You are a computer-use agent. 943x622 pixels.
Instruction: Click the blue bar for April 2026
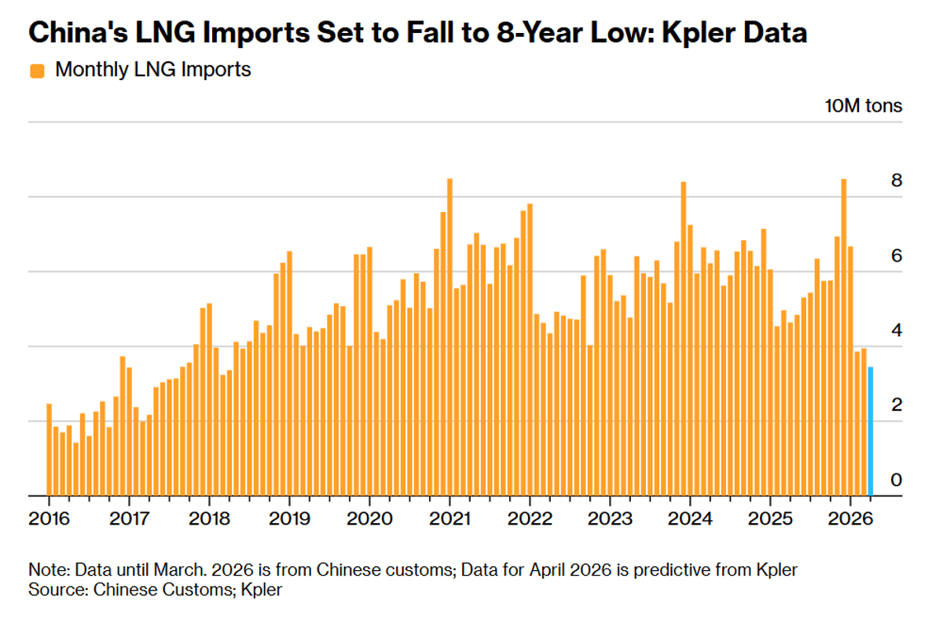click(x=870, y=431)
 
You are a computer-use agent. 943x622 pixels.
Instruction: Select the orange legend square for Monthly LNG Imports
click(x=37, y=71)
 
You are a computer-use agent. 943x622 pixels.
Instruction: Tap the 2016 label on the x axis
click(x=49, y=519)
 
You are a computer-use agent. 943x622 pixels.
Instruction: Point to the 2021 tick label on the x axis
click(x=449, y=519)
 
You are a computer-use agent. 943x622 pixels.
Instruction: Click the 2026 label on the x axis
click(x=850, y=519)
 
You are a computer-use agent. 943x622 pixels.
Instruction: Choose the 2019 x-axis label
click(x=289, y=519)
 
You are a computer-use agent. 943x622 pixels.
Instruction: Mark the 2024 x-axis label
click(x=690, y=519)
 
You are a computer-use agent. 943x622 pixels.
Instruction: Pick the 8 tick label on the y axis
click(x=896, y=181)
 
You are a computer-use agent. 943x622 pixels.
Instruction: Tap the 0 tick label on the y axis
click(x=896, y=481)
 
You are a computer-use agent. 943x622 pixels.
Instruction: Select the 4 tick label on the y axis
click(x=896, y=331)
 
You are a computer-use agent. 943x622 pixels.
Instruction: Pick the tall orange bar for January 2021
click(x=449, y=338)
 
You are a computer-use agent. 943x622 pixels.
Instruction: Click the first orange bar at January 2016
click(x=49, y=450)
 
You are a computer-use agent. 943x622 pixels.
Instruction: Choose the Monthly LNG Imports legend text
click(x=153, y=70)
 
